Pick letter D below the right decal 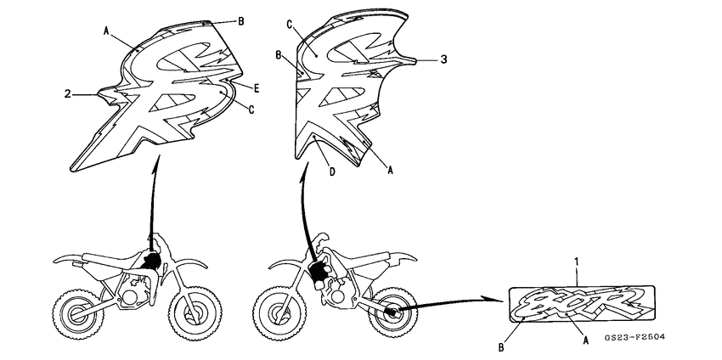[332, 172]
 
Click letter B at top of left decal [240, 20]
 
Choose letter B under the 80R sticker [501, 346]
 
